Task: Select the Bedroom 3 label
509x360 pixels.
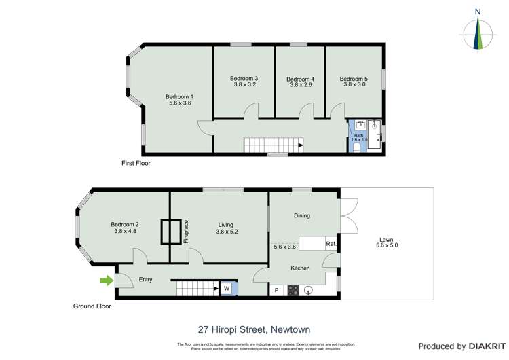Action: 245,79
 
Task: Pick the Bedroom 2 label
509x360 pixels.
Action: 126,225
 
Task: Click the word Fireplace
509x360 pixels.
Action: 186,232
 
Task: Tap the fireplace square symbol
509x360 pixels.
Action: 170,232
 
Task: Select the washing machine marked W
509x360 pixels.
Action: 226,289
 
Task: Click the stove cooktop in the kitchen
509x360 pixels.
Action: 293,290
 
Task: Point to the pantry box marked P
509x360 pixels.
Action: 277,291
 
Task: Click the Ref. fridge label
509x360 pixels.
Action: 331,243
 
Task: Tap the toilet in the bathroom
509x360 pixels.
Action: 357,146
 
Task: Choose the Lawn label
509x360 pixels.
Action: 386,240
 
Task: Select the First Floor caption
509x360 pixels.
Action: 136,164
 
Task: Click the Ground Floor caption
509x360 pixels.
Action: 92,306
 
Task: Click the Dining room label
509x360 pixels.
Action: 302,216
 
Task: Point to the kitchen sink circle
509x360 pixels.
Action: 309,290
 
